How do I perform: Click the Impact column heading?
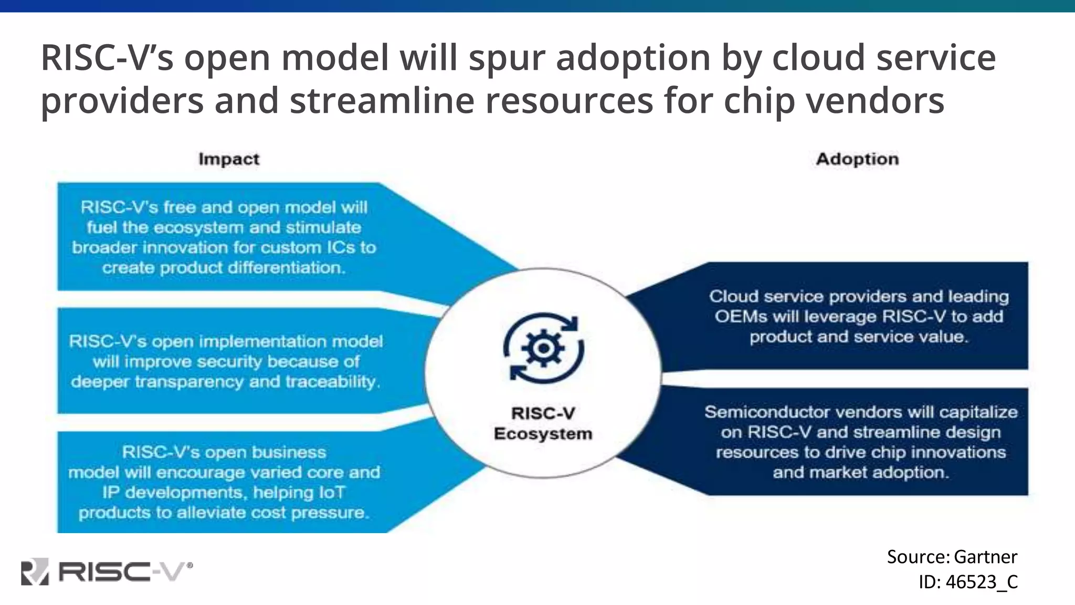(x=229, y=159)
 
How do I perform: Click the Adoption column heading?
(x=857, y=159)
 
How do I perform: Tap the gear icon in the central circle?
(x=544, y=348)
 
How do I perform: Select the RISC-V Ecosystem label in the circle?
(x=543, y=423)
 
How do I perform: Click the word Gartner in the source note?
(x=985, y=557)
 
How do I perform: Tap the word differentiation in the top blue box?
(x=286, y=268)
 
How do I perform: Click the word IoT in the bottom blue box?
(x=332, y=493)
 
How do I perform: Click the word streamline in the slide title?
(x=382, y=101)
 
